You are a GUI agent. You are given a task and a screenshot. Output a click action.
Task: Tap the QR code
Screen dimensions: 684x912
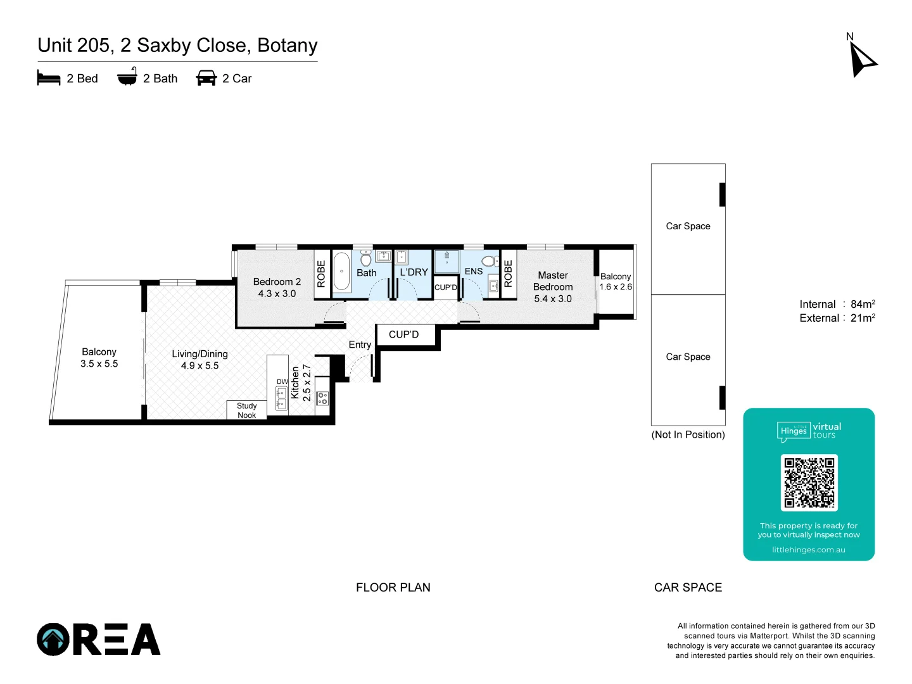click(x=809, y=483)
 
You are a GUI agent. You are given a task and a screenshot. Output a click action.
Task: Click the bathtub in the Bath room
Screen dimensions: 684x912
click(x=341, y=272)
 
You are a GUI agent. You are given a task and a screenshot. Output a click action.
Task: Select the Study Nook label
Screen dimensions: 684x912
click(x=247, y=410)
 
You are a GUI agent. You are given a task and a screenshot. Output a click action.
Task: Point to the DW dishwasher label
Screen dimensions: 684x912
click(x=282, y=382)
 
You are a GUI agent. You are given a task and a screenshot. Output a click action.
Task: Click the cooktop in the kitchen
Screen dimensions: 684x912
click(x=322, y=398)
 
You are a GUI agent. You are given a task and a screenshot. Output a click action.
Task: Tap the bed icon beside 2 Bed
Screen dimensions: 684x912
click(x=49, y=79)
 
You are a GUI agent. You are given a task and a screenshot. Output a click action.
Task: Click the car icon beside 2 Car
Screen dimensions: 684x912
click(x=206, y=79)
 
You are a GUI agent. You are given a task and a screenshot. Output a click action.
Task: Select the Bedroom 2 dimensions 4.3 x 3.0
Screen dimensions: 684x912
click(x=277, y=294)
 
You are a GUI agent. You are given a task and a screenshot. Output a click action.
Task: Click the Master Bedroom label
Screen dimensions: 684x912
click(x=553, y=281)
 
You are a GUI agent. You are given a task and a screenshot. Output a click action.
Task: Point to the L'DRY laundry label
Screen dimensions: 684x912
click(x=414, y=272)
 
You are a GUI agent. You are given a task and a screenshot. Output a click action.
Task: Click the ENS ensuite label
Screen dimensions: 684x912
click(x=474, y=271)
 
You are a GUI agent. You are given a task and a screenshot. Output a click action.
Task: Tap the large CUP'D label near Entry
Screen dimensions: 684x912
click(x=404, y=334)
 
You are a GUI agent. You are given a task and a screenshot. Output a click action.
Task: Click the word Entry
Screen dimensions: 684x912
click(x=360, y=345)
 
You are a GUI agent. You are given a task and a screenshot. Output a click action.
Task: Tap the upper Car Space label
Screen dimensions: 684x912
click(x=688, y=226)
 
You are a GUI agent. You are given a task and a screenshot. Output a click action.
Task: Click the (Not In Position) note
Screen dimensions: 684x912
click(x=688, y=434)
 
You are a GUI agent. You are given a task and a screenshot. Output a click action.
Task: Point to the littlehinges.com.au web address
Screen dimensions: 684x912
click(x=808, y=550)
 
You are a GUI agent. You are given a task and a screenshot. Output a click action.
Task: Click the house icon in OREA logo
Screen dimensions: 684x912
click(x=53, y=640)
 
